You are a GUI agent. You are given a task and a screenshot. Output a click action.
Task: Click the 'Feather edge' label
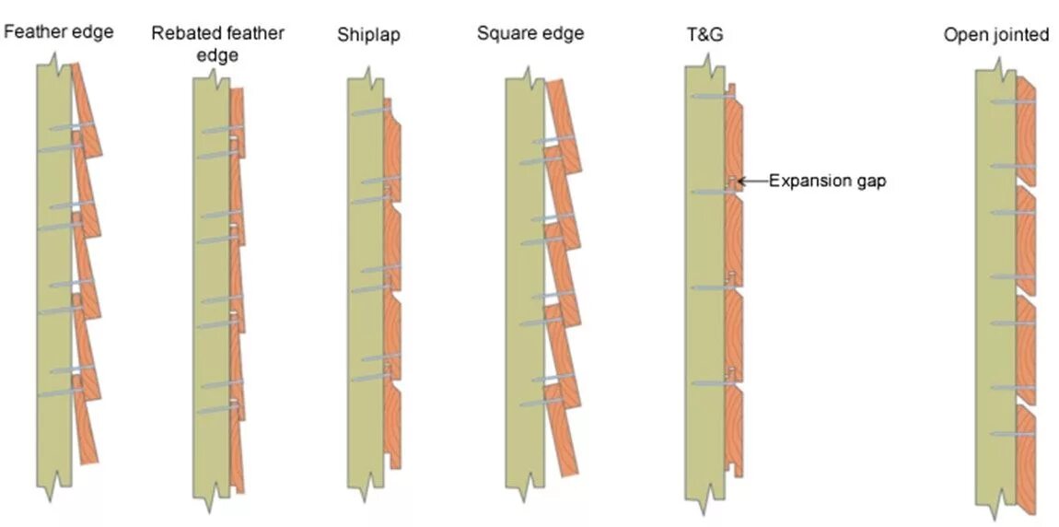coord(59,32)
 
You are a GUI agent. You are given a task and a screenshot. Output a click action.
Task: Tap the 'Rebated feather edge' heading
coord(218,44)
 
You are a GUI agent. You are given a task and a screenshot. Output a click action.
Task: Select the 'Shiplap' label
coord(368,35)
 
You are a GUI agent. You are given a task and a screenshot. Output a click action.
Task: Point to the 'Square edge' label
coord(529,34)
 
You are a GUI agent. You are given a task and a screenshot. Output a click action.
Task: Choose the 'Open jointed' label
coord(995,35)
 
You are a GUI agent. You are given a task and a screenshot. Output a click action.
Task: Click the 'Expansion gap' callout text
coord(827,182)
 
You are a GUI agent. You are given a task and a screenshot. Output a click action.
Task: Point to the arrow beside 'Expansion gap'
coord(753,182)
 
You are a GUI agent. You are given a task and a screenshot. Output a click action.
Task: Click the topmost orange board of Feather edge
coord(87,106)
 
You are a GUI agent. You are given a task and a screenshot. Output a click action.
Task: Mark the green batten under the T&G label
coord(703,276)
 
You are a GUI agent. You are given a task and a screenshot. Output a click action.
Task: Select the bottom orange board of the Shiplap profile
coord(393,424)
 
